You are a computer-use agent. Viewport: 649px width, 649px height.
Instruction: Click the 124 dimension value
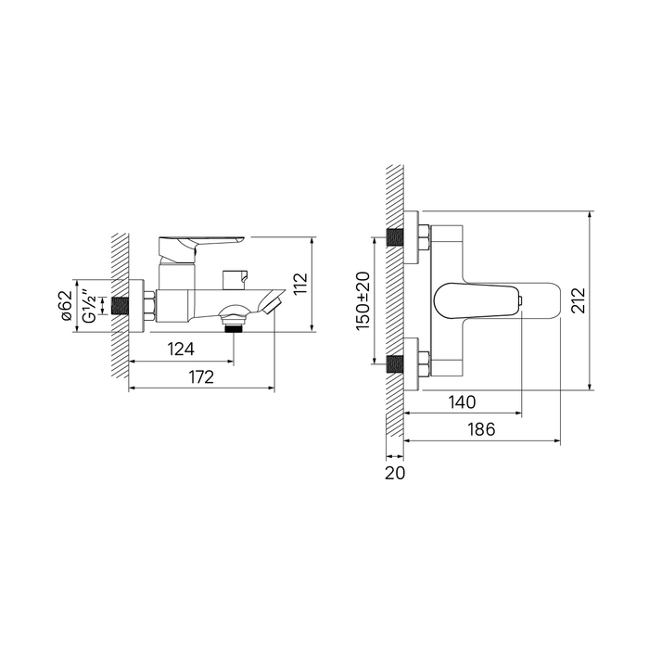click(181, 349)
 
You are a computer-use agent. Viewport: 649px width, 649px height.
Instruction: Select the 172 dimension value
click(201, 377)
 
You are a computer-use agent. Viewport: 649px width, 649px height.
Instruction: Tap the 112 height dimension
click(301, 284)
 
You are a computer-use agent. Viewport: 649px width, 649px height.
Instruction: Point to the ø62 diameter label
click(66, 306)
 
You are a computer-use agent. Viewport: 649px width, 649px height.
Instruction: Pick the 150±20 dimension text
click(363, 301)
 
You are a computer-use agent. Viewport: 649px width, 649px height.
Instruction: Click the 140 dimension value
click(462, 401)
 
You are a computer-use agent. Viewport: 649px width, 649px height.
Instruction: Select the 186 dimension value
click(481, 429)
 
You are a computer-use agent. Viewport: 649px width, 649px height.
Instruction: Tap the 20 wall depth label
click(395, 473)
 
